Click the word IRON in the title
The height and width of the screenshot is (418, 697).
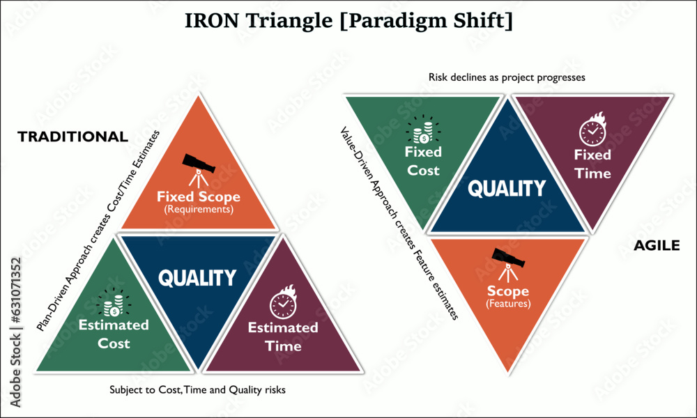pos(212,20)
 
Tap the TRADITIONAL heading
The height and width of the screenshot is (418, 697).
pos(73,137)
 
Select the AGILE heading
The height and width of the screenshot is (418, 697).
pos(657,245)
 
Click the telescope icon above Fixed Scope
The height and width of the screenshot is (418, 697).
pos(199,171)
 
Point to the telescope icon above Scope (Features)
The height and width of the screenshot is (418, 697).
pos(508,264)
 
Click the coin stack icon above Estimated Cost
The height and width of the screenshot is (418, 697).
pos(114,303)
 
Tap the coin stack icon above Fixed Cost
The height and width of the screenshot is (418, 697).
pos(424,130)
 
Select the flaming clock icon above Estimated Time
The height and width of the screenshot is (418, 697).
pos(283,302)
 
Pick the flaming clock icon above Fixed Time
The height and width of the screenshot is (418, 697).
pos(592,129)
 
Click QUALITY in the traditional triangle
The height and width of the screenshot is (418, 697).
pos(197,278)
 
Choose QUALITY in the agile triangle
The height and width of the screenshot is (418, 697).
pos(507,188)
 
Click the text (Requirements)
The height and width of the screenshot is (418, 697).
pos(199,209)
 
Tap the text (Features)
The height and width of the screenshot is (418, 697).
pos(508,304)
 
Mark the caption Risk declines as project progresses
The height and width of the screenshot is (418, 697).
pos(507,77)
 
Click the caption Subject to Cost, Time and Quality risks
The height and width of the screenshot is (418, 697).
pos(197,390)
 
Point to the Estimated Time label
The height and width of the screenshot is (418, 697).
pos(283,336)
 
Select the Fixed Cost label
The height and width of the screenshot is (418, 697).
pos(423,161)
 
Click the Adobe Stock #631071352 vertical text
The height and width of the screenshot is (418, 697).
pos(15,332)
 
